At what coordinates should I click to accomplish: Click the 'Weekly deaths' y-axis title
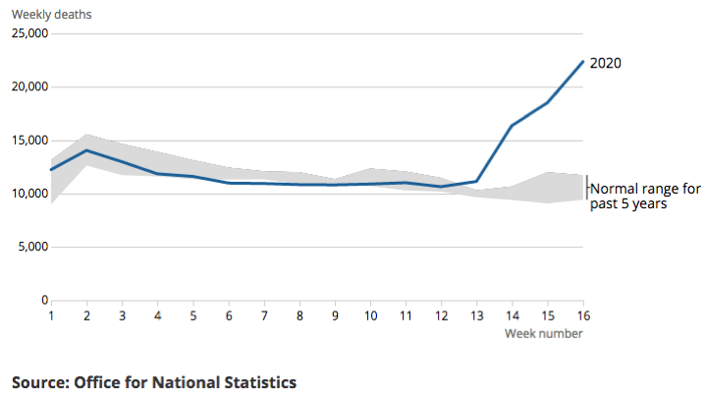(x=54, y=14)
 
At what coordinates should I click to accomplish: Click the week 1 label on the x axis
(x=51, y=316)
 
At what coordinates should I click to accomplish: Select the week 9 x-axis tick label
(x=335, y=316)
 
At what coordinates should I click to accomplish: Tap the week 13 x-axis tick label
(x=477, y=316)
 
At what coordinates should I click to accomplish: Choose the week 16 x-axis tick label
(x=583, y=316)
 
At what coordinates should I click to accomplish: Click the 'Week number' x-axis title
(x=544, y=334)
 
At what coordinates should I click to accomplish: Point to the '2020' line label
(x=605, y=63)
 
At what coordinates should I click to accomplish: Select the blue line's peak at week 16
(x=583, y=61)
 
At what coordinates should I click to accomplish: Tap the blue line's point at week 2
(x=86, y=150)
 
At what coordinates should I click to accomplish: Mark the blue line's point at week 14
(x=513, y=125)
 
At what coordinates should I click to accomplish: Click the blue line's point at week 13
(x=477, y=181)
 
